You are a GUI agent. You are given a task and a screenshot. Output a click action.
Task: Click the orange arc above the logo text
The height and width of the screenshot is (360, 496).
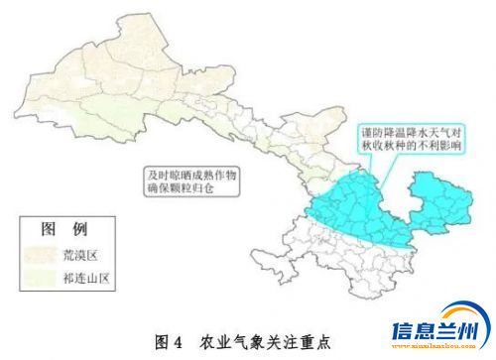[x=436, y=312]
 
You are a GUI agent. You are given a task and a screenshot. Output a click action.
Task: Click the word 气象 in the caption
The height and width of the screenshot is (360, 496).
[x=255, y=339]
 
